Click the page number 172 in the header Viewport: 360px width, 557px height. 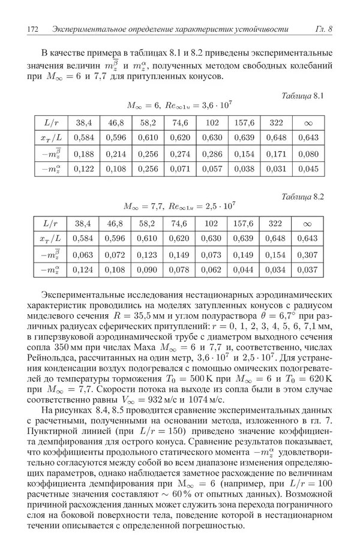(34, 29)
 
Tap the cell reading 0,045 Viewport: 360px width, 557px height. (308, 170)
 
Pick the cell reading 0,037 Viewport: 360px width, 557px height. (308, 270)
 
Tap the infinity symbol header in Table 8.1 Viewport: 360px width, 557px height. (308, 123)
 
